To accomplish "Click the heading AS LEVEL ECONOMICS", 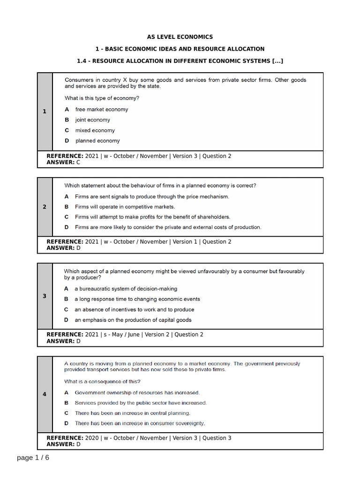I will [180, 37].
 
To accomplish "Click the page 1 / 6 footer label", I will [33, 457].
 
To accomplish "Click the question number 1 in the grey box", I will [45, 112].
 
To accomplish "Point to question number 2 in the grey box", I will [45, 207].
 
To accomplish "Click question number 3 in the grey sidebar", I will [45, 296].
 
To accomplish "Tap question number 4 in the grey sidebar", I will [45, 394].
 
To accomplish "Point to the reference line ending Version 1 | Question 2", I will [139, 242].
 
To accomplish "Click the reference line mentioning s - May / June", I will [125, 335].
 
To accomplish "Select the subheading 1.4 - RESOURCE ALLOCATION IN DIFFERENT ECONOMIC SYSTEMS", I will [180, 61].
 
